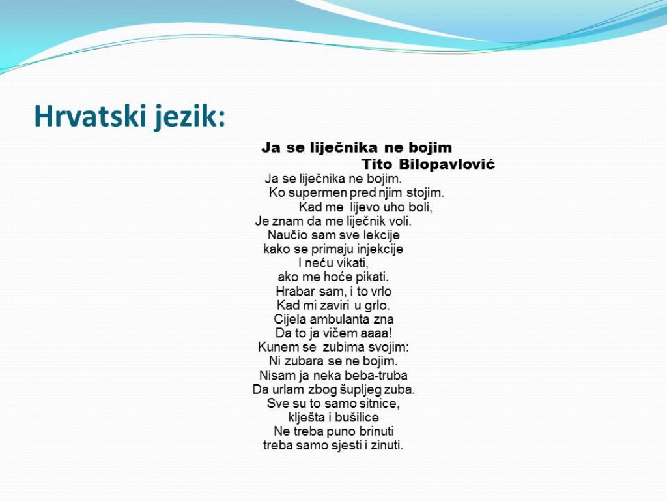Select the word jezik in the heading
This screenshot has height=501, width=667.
coord(190,116)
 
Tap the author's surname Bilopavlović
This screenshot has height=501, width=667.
coord(447,164)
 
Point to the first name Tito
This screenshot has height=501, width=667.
coord(376,164)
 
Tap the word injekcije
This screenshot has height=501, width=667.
coord(380,249)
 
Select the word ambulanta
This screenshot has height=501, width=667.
coord(339,319)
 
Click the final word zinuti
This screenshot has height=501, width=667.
coord(387,445)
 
